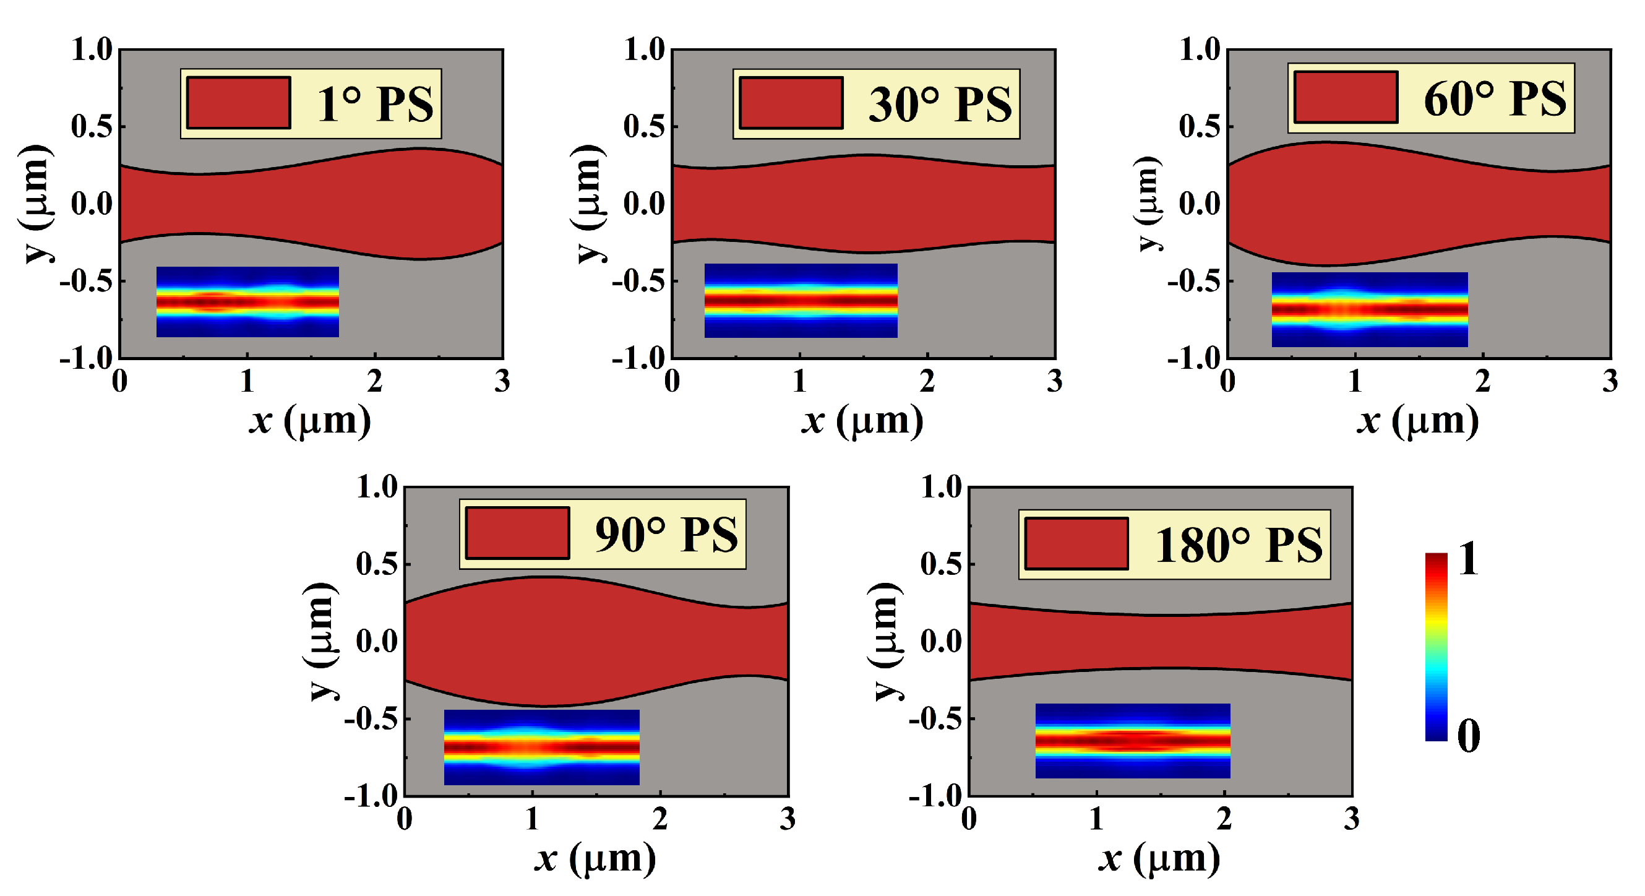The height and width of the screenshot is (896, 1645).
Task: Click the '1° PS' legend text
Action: point(375,104)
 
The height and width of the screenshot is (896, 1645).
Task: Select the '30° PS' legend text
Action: point(939,104)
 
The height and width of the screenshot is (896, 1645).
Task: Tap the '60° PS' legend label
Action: point(1494,99)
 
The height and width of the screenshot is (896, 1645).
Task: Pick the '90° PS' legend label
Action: point(666,535)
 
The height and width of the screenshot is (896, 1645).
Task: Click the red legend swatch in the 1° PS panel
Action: point(239,103)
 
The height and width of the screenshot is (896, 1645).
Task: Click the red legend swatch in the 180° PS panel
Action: point(1076,544)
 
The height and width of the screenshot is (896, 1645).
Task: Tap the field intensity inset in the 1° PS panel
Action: point(248,302)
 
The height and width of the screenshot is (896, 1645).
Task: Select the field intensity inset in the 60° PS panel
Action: point(1369,310)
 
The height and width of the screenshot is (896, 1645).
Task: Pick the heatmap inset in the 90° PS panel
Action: point(541,747)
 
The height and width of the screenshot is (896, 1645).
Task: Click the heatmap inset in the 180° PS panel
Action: point(1132,741)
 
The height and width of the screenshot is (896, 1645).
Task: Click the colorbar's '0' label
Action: point(1468,736)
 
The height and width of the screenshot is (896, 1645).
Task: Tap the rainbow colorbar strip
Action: point(1435,646)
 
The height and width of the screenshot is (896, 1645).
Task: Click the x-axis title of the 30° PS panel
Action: point(862,421)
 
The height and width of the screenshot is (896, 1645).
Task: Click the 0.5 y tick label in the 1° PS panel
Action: point(92,126)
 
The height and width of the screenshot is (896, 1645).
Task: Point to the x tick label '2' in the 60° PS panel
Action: point(1482,382)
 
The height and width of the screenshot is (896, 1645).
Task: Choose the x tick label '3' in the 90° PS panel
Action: point(788,819)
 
